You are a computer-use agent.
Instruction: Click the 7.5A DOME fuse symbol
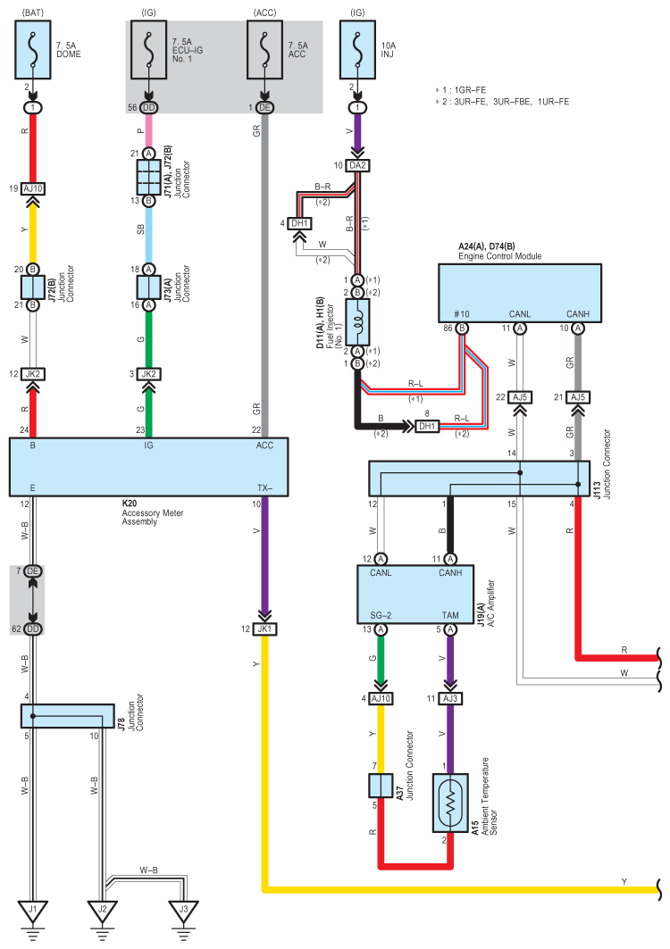(x=33, y=50)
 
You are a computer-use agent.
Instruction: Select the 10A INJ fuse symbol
(x=357, y=50)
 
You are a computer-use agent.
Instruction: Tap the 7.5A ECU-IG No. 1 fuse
(x=148, y=50)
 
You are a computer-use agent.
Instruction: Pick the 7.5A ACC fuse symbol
(x=264, y=50)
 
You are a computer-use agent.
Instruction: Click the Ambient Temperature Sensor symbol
(x=450, y=803)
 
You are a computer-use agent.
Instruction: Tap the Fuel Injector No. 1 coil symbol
(x=357, y=322)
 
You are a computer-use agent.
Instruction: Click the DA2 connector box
(x=357, y=165)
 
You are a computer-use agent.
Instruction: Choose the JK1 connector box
(x=264, y=629)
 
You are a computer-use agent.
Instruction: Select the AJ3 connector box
(x=450, y=698)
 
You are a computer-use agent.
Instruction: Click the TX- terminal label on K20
(x=264, y=487)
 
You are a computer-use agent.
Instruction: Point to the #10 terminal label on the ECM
(x=462, y=313)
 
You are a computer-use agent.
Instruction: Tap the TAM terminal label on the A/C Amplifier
(x=450, y=615)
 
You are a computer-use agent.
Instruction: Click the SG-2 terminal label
(x=381, y=615)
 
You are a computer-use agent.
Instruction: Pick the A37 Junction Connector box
(x=381, y=786)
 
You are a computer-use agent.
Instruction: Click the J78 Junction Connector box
(x=67, y=716)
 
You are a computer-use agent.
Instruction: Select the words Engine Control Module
(x=499, y=256)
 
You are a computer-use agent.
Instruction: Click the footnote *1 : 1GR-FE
(x=460, y=90)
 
